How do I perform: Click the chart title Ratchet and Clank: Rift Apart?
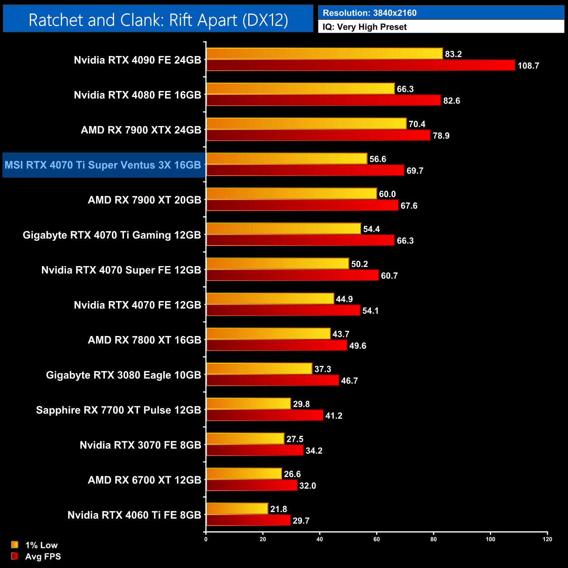158,20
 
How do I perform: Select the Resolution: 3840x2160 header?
370,13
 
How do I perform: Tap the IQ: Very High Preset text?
364,27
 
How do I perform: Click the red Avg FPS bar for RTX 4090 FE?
360,66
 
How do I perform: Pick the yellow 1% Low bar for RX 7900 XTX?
306,124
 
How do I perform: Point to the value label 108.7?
528,66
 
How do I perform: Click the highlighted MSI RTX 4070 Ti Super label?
103,165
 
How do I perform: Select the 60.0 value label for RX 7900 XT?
387,194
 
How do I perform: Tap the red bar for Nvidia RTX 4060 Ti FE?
248,520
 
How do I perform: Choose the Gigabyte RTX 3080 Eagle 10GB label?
124,375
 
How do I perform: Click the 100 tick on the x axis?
490,539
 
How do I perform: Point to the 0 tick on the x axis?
206,539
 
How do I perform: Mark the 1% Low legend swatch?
15,545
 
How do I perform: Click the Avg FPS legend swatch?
15,556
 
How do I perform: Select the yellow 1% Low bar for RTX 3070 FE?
245,439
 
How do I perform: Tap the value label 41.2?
334,416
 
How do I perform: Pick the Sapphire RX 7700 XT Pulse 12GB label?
118,410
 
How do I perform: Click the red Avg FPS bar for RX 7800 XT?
277,346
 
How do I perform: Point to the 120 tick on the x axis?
547,539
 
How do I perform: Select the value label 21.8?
279,509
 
